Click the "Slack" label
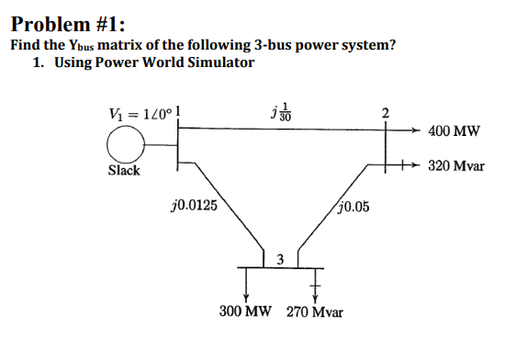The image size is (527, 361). [x=124, y=171]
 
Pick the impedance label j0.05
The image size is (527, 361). [x=353, y=207]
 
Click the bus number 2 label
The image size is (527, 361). [x=386, y=115]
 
